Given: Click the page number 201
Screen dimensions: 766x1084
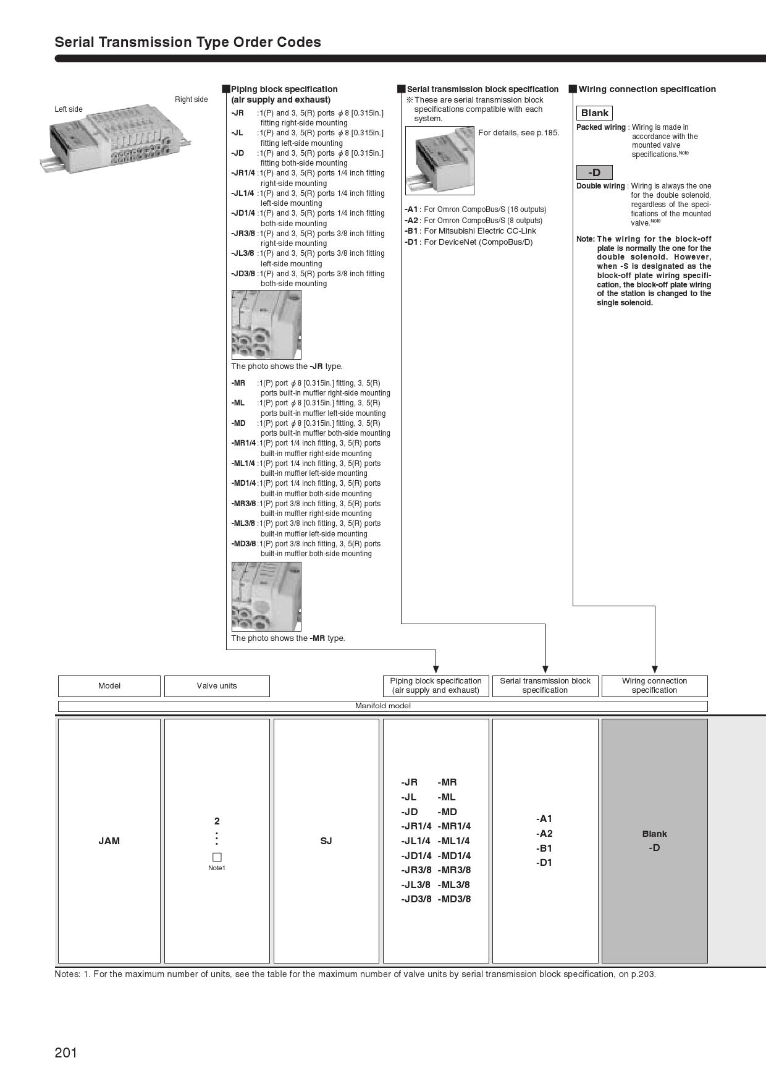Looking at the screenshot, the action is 66,1052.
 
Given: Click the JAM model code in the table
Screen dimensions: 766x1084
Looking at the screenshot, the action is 109,841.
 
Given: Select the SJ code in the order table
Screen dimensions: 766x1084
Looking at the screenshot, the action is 326,841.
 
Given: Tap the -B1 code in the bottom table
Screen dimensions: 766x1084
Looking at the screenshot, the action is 544,848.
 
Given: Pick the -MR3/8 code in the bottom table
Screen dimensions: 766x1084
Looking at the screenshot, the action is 454,870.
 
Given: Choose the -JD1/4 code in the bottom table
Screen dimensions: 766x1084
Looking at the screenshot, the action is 416,855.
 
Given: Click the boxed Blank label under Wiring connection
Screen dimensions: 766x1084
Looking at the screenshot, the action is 594,113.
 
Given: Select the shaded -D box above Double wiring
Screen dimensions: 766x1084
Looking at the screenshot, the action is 594,172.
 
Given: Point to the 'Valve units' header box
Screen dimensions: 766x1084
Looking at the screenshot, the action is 217,686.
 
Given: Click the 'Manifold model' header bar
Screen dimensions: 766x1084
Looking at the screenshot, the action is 383,706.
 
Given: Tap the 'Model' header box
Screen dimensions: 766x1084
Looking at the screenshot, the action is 109,686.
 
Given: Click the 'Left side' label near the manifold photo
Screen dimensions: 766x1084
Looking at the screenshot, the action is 69,109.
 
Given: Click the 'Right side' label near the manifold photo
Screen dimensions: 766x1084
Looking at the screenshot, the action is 192,100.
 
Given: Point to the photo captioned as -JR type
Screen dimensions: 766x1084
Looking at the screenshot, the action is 266,324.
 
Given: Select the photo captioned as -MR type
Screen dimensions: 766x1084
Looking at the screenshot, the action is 266,596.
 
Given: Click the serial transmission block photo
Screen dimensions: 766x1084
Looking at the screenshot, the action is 440,160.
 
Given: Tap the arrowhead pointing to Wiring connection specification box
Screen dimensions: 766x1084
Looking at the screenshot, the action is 655,669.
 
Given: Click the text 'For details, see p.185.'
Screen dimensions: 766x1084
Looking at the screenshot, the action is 519,132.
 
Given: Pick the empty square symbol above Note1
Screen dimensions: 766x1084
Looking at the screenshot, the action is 217,857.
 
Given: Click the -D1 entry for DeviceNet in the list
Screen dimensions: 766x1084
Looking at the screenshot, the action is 411,242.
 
